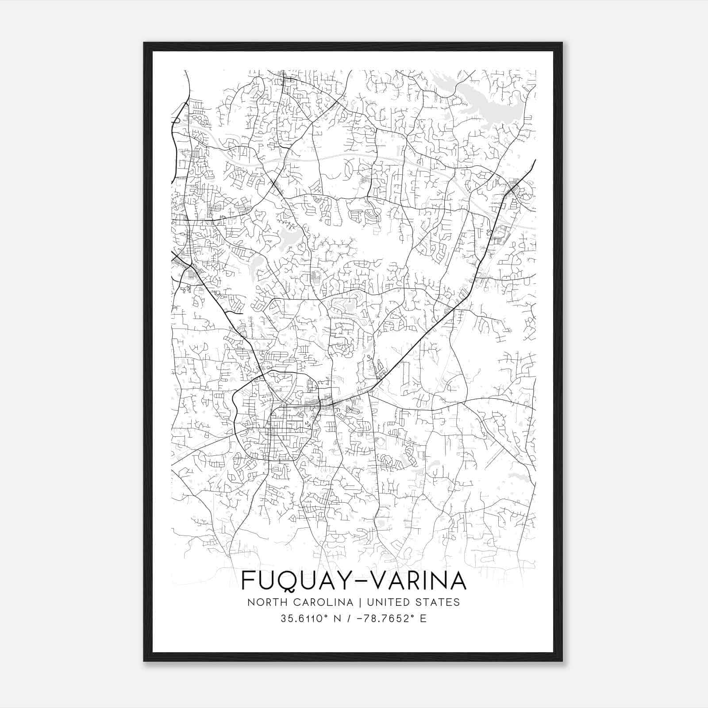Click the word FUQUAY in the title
(292, 581)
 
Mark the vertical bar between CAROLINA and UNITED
(358, 602)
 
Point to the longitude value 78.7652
(388, 619)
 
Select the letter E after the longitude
(423, 619)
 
